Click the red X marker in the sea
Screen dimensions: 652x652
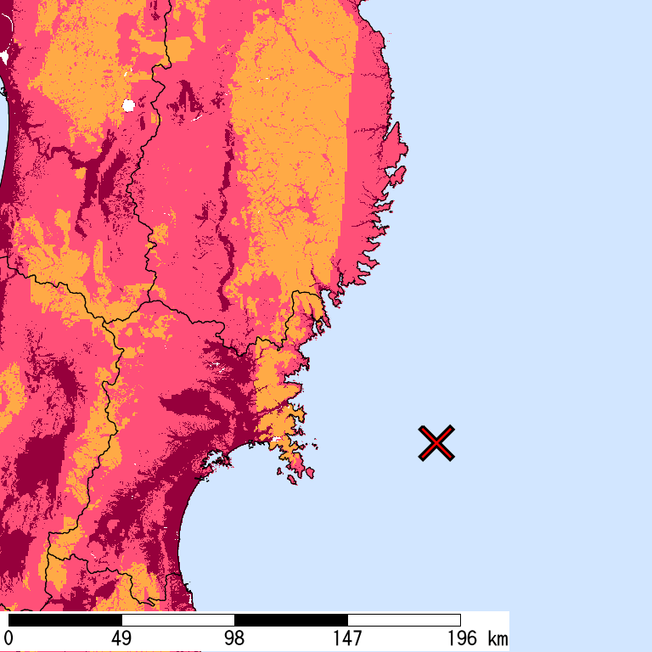436,443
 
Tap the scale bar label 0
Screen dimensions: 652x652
8,638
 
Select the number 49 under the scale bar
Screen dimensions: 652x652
121,638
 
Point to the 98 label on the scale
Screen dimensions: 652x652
234,638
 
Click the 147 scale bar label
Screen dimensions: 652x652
347,638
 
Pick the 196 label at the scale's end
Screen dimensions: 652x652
460,638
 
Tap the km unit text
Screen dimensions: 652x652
497,638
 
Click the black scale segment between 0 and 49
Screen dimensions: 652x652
65,620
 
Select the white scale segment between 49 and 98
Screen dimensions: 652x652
177,620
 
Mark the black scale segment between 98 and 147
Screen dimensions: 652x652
290,620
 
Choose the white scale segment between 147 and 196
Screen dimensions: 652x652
403,620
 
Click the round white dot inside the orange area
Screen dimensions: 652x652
129,105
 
